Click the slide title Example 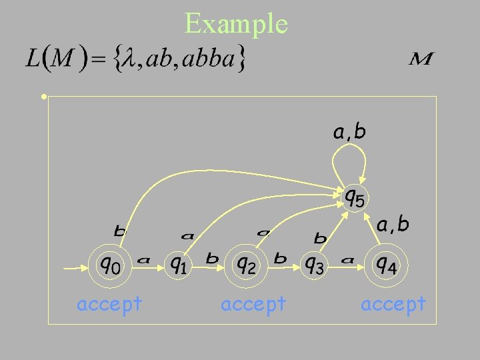tap(236, 24)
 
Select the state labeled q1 tap(177, 266)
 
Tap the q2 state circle tap(246, 266)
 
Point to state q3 tap(315, 266)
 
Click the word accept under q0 tap(109, 304)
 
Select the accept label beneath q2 tap(253, 304)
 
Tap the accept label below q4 tap(393, 304)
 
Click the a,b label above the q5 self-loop tap(349, 132)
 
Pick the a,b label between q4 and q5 tap(393, 225)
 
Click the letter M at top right tap(421, 59)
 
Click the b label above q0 tap(120, 232)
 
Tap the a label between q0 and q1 tap(143, 259)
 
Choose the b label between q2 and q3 tap(281, 258)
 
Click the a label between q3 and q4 tap(347, 259)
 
